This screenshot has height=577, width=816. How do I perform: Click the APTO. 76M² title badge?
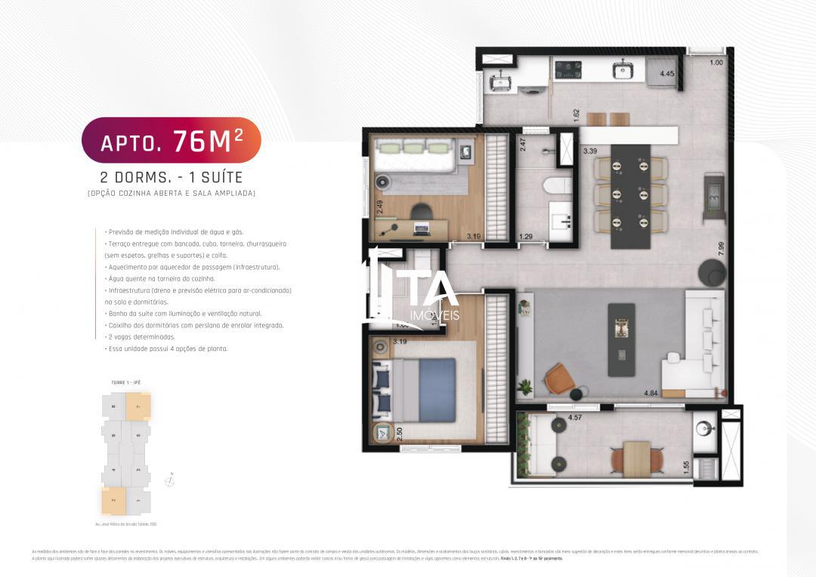point(171,140)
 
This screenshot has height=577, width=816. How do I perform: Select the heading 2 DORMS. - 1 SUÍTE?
point(171,178)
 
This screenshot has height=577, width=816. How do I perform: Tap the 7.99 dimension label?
point(722,250)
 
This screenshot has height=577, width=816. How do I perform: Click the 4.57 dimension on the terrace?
point(574,417)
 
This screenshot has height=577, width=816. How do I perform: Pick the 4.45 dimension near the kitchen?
point(667,75)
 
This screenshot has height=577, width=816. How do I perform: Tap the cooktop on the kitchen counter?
point(567,70)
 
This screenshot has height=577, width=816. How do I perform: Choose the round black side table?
point(712,272)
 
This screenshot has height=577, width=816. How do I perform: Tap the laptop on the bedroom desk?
point(421,228)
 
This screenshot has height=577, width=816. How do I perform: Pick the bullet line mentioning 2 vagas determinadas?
point(142,337)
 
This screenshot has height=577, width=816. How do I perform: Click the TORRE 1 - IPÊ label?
point(126,383)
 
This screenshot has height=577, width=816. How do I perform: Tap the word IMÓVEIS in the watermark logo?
point(433,315)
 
